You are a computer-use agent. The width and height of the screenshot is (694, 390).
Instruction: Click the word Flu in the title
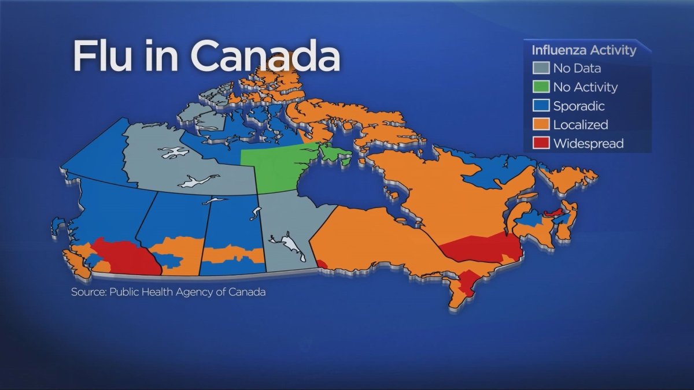click(x=101, y=57)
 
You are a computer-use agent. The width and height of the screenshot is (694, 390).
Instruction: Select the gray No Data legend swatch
click(x=541, y=68)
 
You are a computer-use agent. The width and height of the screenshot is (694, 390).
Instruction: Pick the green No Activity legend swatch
click(x=541, y=87)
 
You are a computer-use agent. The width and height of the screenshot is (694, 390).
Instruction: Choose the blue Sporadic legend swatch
click(x=541, y=106)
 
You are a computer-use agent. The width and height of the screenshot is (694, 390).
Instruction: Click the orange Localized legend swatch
click(x=541, y=124)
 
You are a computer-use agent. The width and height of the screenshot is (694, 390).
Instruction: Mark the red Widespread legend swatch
click(x=541, y=143)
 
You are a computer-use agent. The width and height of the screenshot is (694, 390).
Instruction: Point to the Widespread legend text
click(x=588, y=143)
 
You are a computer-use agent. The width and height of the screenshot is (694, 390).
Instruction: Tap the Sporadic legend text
click(x=579, y=106)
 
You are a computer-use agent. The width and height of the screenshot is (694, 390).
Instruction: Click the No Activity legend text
click(x=585, y=87)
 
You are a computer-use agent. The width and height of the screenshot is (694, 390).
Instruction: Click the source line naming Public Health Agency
click(x=168, y=292)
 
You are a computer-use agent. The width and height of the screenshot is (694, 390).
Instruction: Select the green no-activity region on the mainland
click(x=272, y=168)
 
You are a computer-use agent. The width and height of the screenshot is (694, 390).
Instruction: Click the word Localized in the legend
click(x=580, y=124)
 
